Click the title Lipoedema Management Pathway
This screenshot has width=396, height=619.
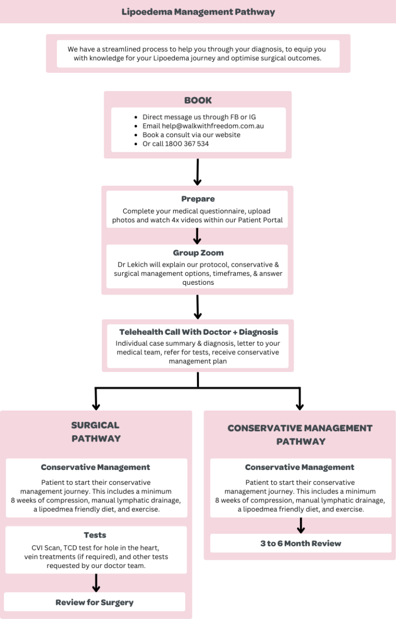[198, 12]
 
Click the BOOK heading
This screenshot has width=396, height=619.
[198, 100]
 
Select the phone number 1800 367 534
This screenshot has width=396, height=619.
[187, 144]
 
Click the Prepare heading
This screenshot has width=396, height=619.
[198, 199]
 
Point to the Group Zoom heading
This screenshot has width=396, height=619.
[198, 253]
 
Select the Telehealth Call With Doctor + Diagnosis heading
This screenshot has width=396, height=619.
[199, 332]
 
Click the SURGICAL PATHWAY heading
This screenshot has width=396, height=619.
[95, 432]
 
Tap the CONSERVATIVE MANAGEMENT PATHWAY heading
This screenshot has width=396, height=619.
[300, 434]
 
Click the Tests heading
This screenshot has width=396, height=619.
[95, 535]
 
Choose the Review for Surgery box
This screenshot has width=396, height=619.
[94, 602]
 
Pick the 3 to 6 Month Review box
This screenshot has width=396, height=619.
[301, 543]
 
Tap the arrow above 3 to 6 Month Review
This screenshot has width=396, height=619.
[301, 525]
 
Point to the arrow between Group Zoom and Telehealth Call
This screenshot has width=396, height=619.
[198, 306]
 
